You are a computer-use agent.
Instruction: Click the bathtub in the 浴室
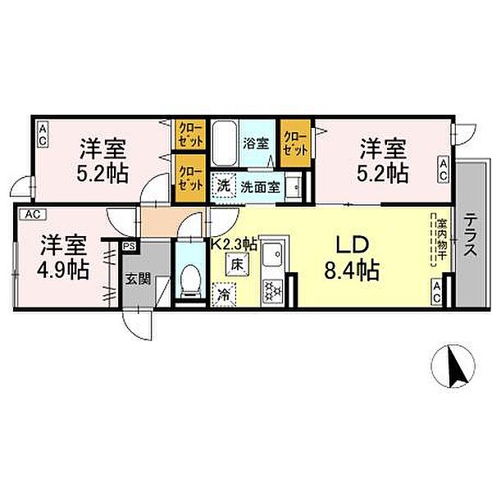(x=224, y=144)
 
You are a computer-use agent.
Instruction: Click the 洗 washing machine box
(x=223, y=185)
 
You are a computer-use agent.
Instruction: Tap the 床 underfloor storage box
(x=235, y=265)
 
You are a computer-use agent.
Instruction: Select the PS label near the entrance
(x=129, y=245)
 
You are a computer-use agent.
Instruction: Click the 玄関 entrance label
(x=137, y=278)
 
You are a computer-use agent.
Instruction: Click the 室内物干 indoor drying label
(x=440, y=238)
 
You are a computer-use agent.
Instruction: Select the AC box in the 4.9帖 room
(x=32, y=215)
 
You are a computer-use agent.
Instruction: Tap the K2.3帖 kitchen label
(x=235, y=244)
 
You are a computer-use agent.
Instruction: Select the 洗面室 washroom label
(x=260, y=186)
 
